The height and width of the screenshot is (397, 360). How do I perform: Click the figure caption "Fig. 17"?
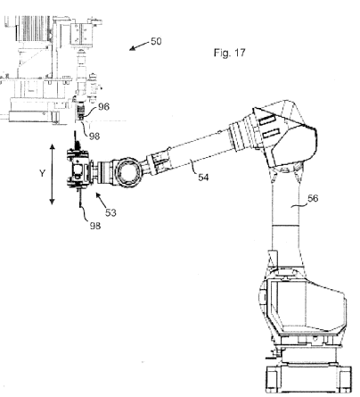(x=230, y=53)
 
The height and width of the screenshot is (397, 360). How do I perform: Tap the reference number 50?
(x=156, y=41)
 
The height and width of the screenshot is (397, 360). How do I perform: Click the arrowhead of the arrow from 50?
(x=132, y=48)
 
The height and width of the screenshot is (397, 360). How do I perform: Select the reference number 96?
(x=103, y=106)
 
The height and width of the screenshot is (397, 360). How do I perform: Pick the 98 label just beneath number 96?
(x=94, y=136)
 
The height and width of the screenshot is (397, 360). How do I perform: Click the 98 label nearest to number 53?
(x=95, y=226)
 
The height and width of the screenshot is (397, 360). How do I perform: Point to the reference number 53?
(x=110, y=212)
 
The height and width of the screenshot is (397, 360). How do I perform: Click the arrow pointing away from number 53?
(x=101, y=201)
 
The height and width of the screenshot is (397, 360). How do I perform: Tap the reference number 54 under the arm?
(x=203, y=178)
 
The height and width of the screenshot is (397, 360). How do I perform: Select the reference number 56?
(x=313, y=198)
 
